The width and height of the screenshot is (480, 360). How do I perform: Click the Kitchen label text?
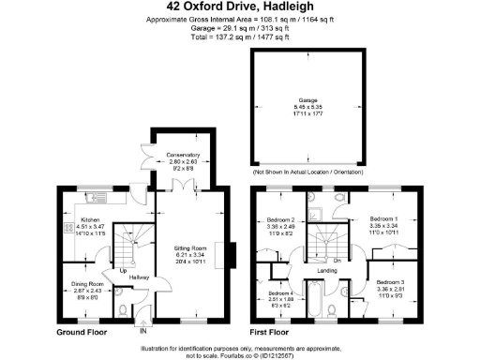coord(65,219)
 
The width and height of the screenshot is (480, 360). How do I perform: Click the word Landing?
coord(327,272)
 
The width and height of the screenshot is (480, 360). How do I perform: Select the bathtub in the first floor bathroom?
coord(319,305)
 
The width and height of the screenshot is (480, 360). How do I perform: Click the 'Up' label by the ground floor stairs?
coord(123,272)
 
